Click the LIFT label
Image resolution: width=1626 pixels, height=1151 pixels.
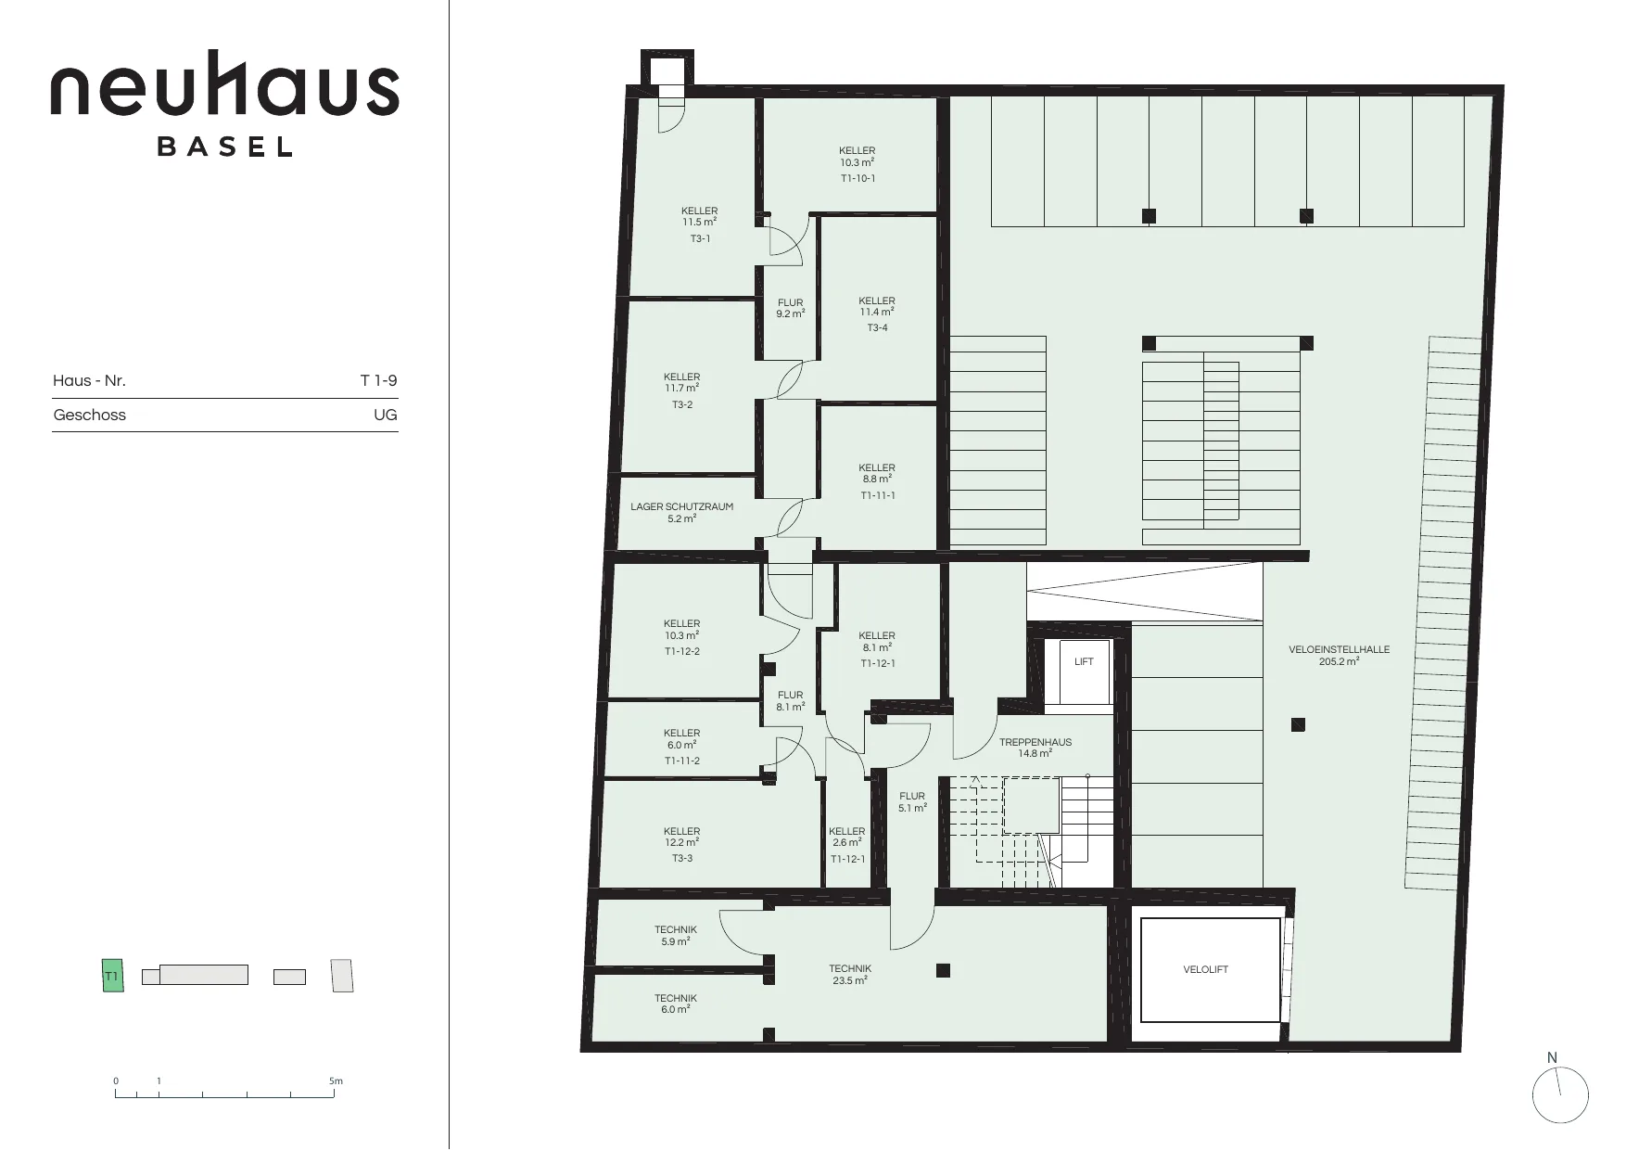point(1084,662)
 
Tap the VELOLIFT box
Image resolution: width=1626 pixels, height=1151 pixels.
point(1205,970)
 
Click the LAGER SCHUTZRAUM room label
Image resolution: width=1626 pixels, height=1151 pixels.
point(681,513)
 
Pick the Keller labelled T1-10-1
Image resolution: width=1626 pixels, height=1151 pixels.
point(857,164)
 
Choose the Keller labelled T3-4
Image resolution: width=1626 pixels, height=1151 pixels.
point(877,314)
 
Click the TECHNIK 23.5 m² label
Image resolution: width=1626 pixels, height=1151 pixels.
point(849,975)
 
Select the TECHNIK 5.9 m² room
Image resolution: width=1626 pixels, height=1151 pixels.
point(675,936)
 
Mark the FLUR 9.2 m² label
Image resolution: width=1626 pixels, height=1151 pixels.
point(790,309)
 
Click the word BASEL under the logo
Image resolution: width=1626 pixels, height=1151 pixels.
point(225,147)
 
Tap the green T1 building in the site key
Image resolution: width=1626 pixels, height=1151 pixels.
point(112,977)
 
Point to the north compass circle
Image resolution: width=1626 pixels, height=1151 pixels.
point(1561,1095)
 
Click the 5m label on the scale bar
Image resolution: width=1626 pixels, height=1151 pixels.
point(336,1081)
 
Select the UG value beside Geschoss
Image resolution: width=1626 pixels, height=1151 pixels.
point(386,416)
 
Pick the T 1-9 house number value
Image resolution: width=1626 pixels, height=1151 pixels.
point(378,380)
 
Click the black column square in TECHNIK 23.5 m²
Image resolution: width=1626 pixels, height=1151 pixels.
point(943,971)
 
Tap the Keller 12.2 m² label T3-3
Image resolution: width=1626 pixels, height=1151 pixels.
point(681,845)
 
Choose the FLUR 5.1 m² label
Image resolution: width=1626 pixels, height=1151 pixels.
point(912,802)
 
